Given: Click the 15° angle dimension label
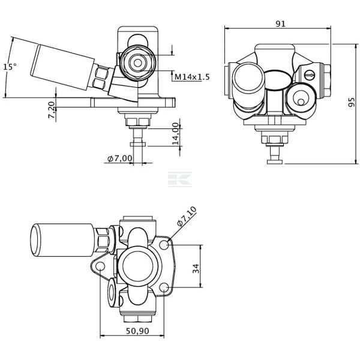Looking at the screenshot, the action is point(10,67).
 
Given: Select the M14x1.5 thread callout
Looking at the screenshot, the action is point(192,77).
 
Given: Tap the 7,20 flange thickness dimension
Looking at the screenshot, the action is point(52,110).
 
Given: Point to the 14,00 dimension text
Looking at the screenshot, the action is point(176,134).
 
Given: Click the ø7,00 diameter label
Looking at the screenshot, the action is point(120,158).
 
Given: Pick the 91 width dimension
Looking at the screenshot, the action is point(280,23).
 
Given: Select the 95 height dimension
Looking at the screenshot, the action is point(351,102).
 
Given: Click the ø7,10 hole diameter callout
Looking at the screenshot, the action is point(187,216).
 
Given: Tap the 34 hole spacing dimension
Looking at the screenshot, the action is point(196,269).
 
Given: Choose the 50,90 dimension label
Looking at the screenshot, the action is point(137,331).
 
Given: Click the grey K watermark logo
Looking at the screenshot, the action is point(180,179).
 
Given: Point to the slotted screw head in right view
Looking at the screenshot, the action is point(309,74).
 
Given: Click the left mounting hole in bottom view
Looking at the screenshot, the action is point(100,266).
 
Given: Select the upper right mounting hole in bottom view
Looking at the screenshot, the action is point(164,245).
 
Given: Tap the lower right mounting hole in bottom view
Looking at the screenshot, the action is point(164,287).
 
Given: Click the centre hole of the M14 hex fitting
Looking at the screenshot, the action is point(137,63).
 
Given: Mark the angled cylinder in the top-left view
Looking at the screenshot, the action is point(62,67).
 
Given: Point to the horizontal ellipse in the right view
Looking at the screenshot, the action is point(278,79).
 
